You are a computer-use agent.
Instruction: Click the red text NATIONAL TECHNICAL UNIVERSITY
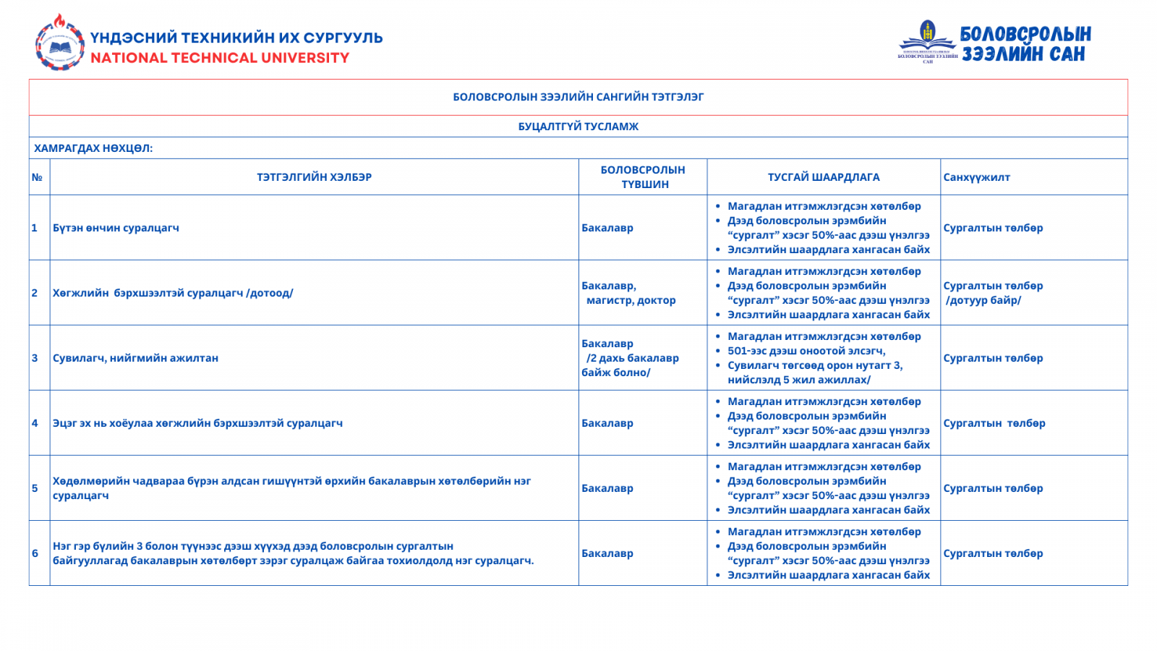[x=220, y=58]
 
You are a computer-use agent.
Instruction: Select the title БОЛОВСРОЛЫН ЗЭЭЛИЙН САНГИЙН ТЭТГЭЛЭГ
[x=578, y=97]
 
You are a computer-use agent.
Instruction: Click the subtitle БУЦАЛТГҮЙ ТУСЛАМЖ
[x=578, y=127]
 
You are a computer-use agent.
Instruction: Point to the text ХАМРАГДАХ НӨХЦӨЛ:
[x=93, y=148]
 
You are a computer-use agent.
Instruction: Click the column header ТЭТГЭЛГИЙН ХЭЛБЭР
[x=314, y=177]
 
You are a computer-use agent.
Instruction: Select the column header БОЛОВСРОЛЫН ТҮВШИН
[x=642, y=177]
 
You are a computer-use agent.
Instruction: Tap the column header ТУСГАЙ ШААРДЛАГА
[x=824, y=177]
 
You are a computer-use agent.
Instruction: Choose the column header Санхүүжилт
[x=976, y=177]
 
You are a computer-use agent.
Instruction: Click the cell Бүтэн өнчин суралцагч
[x=116, y=228]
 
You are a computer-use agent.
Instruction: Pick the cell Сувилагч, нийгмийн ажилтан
[x=135, y=358]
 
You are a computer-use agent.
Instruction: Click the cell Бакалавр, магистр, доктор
[x=628, y=293]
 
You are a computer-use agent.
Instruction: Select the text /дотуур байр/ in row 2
[x=983, y=300]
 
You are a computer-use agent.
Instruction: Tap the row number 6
[x=35, y=553]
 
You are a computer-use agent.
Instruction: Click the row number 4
[x=35, y=423]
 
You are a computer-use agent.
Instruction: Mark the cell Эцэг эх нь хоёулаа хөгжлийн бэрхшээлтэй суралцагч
[x=197, y=423]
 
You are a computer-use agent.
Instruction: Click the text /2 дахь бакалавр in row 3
[x=632, y=358]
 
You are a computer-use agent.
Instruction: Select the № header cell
[x=37, y=177]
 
